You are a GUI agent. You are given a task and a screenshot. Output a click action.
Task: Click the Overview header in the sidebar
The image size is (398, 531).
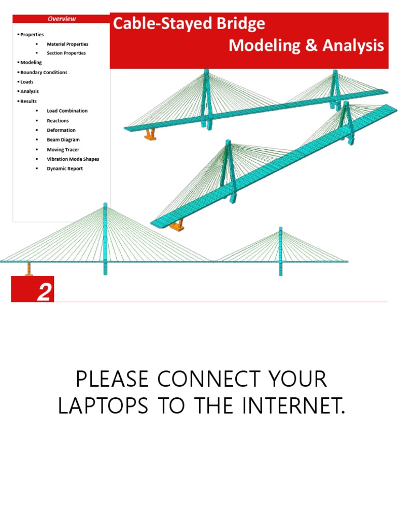coord(62,19)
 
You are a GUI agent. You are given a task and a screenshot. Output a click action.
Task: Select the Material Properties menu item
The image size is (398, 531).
coord(67,44)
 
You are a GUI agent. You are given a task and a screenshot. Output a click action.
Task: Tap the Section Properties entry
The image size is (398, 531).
coord(66,53)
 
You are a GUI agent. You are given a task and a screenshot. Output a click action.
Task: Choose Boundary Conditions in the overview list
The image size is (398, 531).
coord(44,73)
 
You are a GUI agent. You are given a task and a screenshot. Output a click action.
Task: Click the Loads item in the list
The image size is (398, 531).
coord(27,82)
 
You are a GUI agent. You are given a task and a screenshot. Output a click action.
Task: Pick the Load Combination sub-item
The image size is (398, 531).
coord(67,111)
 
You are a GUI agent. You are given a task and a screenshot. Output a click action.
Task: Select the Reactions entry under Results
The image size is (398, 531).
coord(58,121)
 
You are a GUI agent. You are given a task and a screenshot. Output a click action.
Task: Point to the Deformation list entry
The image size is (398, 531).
coord(61,130)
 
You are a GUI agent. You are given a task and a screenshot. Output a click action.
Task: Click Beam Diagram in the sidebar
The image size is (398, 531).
coord(63,139)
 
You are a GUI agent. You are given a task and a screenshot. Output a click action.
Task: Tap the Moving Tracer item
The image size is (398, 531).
coord(63,150)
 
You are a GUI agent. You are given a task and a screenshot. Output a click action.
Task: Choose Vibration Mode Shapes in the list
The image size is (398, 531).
coord(73,159)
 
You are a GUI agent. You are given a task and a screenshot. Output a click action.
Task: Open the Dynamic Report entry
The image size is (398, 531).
coord(65,169)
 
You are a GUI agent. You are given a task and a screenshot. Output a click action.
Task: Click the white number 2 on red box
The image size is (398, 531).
coord(44,293)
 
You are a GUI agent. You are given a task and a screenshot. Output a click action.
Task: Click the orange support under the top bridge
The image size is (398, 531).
coord(150,135)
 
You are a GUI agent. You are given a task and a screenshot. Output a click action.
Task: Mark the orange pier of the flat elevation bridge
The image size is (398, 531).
coord(29,269)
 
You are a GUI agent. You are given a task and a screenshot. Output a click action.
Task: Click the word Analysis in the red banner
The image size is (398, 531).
coord(353,46)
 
